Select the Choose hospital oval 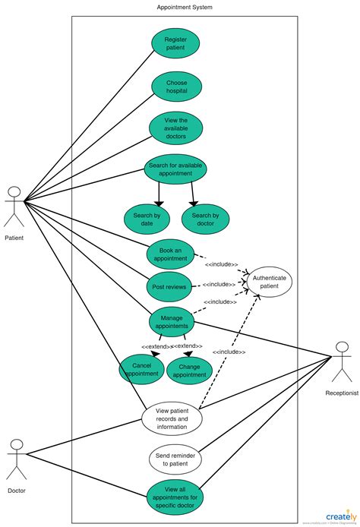pyautogui.click(x=176, y=86)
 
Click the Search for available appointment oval pyautogui.click(x=175, y=169)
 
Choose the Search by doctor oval pyautogui.click(x=205, y=219)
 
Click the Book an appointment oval pyautogui.click(x=170, y=254)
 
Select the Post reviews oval pyautogui.click(x=168, y=287)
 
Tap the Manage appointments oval pyautogui.click(x=171, y=322)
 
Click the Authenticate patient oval pyautogui.click(x=269, y=282)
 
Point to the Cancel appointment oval pyautogui.click(x=141, y=369)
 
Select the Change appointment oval pyautogui.click(x=189, y=369)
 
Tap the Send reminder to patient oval pyautogui.click(x=175, y=459)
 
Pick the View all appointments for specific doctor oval pyautogui.click(x=175, y=498)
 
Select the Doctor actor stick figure pyautogui.click(x=16, y=459)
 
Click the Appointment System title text pyautogui.click(x=185, y=7)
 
